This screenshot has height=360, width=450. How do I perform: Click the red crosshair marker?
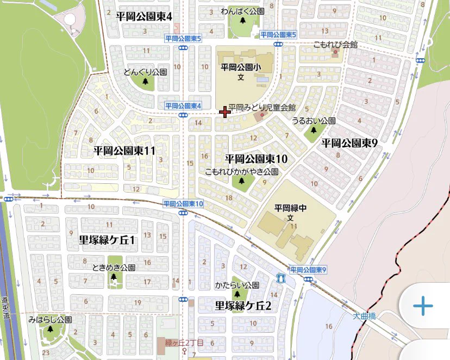224,112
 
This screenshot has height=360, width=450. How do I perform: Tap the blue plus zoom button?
423,307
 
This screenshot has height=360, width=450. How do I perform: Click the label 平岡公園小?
242,67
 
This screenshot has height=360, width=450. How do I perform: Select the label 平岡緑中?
291,207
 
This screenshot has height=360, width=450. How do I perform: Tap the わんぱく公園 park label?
242,11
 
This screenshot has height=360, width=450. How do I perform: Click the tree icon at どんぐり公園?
145,82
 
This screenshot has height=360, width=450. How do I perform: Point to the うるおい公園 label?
314,121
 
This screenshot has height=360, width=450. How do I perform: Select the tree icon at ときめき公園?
114,277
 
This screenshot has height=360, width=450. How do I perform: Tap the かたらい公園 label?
236,285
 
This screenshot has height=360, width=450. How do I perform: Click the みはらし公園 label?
50,320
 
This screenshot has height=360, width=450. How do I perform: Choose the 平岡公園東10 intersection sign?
183,203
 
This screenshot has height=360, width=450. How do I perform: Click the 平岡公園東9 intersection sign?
308,270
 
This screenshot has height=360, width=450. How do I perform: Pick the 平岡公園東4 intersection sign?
183,105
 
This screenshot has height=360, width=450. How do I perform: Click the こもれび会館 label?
335,45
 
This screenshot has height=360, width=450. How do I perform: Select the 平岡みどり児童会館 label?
262,108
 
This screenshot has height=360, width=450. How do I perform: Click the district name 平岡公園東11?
124,151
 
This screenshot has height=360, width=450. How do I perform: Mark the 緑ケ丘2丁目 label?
184,343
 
